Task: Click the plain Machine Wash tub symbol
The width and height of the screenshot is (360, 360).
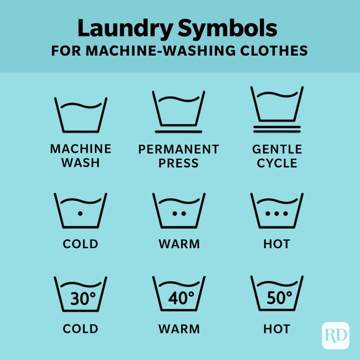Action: [x=80, y=114]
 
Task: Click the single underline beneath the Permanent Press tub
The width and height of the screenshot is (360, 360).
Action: [x=178, y=130]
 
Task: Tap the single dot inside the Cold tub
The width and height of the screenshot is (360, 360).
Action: [x=80, y=213]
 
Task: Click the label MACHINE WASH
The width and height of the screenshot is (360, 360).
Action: [x=80, y=156]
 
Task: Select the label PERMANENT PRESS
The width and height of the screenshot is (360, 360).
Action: [x=178, y=156]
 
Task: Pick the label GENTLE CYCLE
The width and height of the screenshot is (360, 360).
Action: [x=277, y=156]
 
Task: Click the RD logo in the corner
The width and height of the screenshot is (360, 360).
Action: [x=335, y=335]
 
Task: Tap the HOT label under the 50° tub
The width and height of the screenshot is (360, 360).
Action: [x=277, y=329]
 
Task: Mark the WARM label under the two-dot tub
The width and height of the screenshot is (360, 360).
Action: [x=179, y=244]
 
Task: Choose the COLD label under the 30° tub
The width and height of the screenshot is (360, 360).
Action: [x=80, y=329]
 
